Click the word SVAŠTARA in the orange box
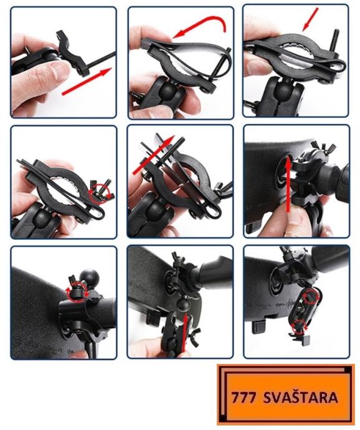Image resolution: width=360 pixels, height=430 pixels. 300,398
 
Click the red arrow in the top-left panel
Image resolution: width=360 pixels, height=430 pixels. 87,82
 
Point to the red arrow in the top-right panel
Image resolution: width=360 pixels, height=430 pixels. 310,20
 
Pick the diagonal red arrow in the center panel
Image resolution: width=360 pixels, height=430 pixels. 153,155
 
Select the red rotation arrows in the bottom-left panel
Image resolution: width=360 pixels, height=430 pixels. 77,293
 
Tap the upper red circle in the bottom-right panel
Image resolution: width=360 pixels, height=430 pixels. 310,297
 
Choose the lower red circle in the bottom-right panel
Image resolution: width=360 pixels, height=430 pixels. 299,327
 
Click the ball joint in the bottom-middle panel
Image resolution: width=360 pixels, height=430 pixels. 182,304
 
